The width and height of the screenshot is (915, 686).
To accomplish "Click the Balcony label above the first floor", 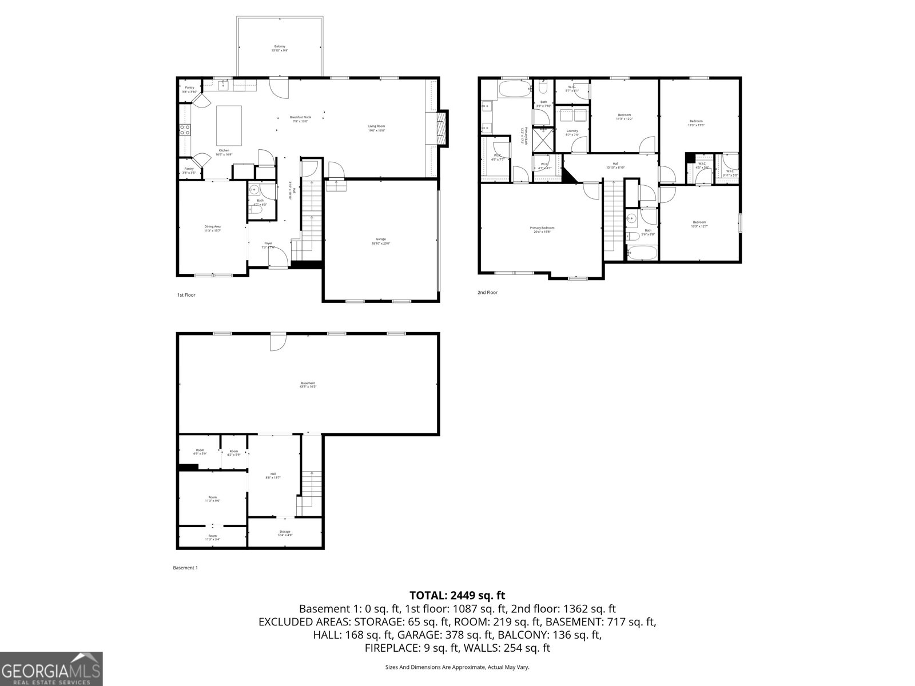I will (280, 48).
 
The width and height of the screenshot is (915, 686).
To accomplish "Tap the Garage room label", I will (381, 241).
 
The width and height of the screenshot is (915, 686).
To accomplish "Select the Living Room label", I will (376, 128).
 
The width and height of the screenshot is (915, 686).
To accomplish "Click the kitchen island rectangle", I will (229, 126).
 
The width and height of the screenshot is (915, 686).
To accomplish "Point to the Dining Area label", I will (213, 229).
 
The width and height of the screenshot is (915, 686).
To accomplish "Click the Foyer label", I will (268, 245).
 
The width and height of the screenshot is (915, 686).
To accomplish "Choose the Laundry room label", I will (572, 133).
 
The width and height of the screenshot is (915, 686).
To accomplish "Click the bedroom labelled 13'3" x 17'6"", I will (696, 123).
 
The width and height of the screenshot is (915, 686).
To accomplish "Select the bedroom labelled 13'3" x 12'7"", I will (699, 224).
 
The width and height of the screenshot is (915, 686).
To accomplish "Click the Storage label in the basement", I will (285, 533).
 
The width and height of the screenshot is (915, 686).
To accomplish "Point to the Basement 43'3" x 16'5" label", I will (308, 385).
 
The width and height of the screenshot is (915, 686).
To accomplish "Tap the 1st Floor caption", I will (186, 295).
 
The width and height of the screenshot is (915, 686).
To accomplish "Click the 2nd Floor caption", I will (487, 292).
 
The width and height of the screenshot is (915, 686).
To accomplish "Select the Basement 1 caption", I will (185, 568).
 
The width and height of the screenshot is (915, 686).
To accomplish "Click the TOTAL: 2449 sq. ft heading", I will (457, 596).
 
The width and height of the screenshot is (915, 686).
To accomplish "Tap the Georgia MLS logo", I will (51, 668).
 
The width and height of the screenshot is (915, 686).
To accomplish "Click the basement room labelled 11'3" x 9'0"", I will (213, 499).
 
